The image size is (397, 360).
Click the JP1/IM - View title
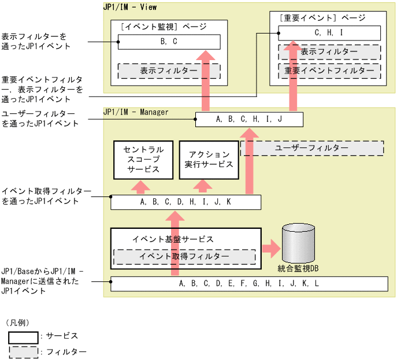coord(129,8)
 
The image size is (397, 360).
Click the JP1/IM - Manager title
coord(136,112)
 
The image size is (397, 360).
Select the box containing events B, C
coord(169,42)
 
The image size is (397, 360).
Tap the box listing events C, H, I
coord(329,33)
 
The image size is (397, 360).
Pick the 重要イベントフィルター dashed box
coord(329,70)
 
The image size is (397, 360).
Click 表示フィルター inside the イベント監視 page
coord(169,70)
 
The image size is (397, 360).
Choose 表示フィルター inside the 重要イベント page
coord(329,51)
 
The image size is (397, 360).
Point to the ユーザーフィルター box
coord(320,148)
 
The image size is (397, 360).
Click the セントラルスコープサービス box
coord(144,159)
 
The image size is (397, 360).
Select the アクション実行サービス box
coord(208,159)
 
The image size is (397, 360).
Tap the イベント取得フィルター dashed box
coord(184,257)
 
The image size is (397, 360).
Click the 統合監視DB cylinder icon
coord(298,243)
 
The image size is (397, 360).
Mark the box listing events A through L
coord(249,284)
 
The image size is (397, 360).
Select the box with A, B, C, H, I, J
coord(249,120)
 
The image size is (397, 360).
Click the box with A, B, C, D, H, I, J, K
coord(185,202)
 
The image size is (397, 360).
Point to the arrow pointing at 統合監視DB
coord(270,250)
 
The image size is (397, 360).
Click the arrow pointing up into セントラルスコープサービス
coord(139,187)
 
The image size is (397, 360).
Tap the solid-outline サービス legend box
coord(23,336)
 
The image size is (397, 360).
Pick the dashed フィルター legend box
coord(23,351)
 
